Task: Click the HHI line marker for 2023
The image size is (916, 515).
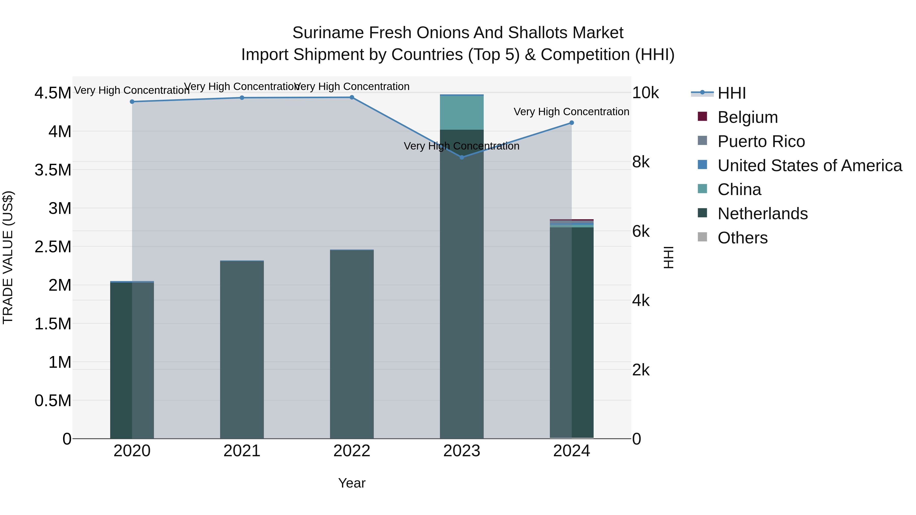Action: (462, 157)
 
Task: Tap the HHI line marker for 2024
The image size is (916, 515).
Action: (571, 123)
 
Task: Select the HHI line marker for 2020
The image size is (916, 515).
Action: (132, 102)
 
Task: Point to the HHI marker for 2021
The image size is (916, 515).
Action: (242, 98)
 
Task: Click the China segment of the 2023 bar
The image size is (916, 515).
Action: (462, 113)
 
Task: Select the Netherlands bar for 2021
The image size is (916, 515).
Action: (242, 350)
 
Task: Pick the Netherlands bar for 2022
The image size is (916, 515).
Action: (352, 345)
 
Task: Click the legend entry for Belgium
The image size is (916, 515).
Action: (748, 117)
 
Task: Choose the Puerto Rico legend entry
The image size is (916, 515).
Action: (761, 141)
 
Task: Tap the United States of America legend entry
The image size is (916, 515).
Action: (809, 166)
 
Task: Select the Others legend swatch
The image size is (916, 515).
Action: (702, 237)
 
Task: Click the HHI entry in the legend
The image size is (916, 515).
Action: (732, 93)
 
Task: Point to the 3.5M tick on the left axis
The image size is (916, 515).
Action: (53, 170)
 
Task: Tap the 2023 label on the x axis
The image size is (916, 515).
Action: (462, 451)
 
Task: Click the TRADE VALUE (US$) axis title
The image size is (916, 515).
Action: (8, 257)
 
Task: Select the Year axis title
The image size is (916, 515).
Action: (352, 483)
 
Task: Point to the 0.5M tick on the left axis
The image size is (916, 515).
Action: (53, 401)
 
